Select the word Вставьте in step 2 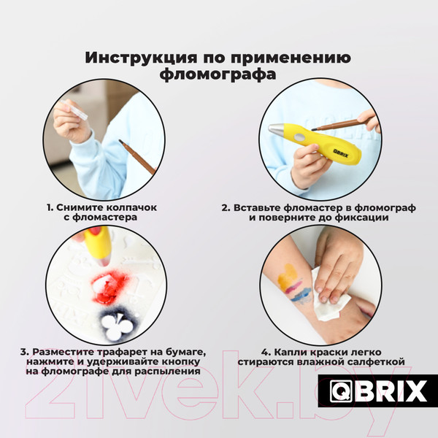(x=260, y=207)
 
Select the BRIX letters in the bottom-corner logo (x=395, y=391)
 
